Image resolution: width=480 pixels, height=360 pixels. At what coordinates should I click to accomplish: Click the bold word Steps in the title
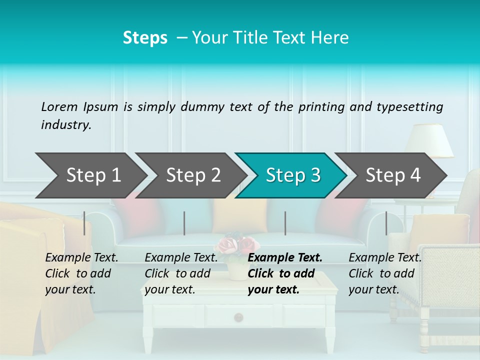coord(145,38)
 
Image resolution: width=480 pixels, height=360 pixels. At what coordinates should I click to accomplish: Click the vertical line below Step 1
coord(84,223)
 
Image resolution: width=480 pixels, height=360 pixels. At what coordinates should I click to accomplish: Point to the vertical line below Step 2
coord(184,223)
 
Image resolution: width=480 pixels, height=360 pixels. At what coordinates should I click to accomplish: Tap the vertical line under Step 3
coord(285,223)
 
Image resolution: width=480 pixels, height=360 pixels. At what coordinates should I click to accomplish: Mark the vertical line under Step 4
coord(386,223)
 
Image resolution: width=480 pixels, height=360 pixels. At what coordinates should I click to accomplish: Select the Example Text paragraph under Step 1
coord(81,273)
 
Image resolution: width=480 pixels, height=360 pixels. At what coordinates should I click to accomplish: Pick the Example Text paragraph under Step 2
coord(181,273)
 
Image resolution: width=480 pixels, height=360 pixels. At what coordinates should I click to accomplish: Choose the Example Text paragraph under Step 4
coord(385,273)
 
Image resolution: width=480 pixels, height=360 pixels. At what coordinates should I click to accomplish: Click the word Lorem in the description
coord(59,106)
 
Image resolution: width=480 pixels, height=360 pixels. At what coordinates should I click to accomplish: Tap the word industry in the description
coord(65,125)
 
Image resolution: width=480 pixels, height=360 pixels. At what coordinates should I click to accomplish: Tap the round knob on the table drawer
coord(239,316)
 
